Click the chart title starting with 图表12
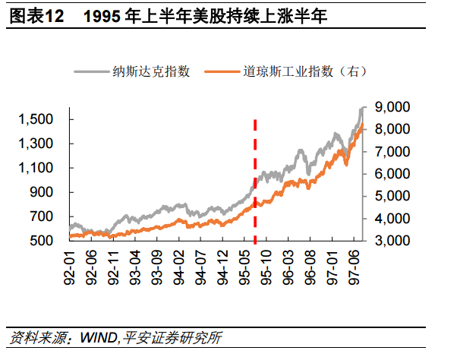[x=167, y=16]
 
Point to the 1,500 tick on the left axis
[x=38, y=119]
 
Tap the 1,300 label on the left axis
[x=38, y=144]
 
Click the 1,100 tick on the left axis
[x=38, y=168]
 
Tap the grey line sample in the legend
[x=90, y=71]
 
